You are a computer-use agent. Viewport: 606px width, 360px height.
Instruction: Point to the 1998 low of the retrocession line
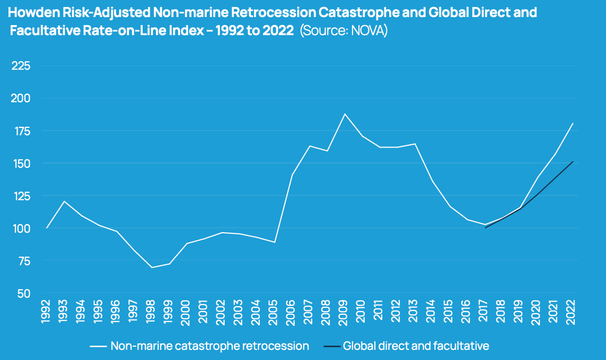click(x=152, y=267)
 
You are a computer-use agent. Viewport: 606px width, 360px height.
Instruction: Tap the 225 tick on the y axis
click(x=21, y=66)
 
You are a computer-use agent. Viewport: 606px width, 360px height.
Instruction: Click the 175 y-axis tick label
click(x=21, y=131)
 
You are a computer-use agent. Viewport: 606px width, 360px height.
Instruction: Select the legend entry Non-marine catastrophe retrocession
click(x=210, y=346)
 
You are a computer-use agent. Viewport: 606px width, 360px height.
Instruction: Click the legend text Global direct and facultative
click(x=416, y=346)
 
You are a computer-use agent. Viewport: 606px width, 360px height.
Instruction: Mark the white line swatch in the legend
click(x=99, y=347)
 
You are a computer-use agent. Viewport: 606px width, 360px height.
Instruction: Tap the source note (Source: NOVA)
click(x=343, y=31)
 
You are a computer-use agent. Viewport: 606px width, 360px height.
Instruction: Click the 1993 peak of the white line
click(x=64, y=201)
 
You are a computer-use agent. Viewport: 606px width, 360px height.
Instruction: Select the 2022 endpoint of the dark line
click(x=572, y=161)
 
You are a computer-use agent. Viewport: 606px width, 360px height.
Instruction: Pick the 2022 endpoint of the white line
click(x=572, y=124)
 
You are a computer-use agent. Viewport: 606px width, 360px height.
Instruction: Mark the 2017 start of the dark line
click(x=485, y=227)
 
